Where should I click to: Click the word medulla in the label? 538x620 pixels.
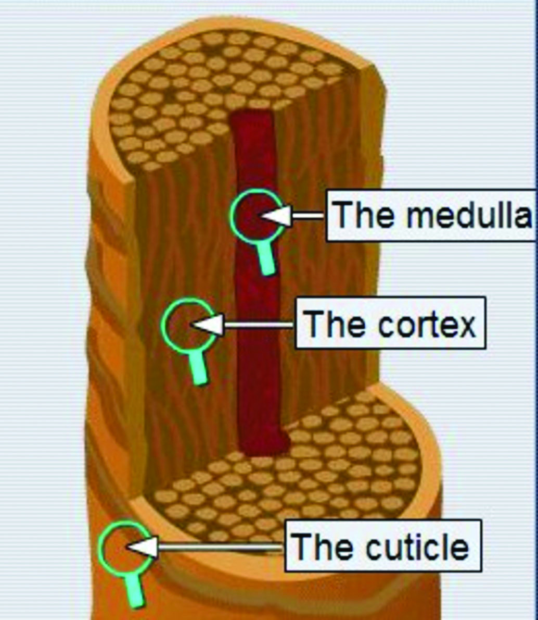coord(469,215)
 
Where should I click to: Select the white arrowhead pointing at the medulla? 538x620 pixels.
coord(276,216)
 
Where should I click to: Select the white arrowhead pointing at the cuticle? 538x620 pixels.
coord(142,547)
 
